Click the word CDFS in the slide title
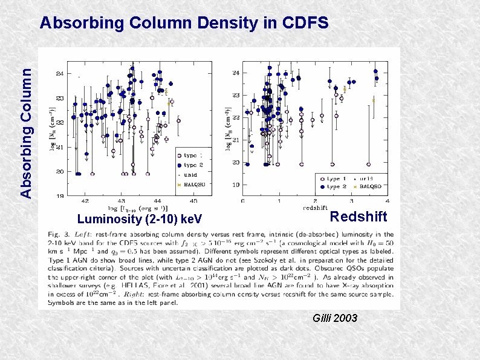(306, 24)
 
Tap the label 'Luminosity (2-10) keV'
(140, 218)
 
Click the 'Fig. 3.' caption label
(59, 234)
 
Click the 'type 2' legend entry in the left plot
(193, 165)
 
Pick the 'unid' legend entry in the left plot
(190, 174)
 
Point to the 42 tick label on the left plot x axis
(85, 201)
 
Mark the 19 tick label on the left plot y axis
(59, 196)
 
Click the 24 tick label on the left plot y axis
(59, 74)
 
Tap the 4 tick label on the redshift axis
(387, 201)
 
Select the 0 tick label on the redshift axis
(242, 201)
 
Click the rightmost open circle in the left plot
(178, 120)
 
